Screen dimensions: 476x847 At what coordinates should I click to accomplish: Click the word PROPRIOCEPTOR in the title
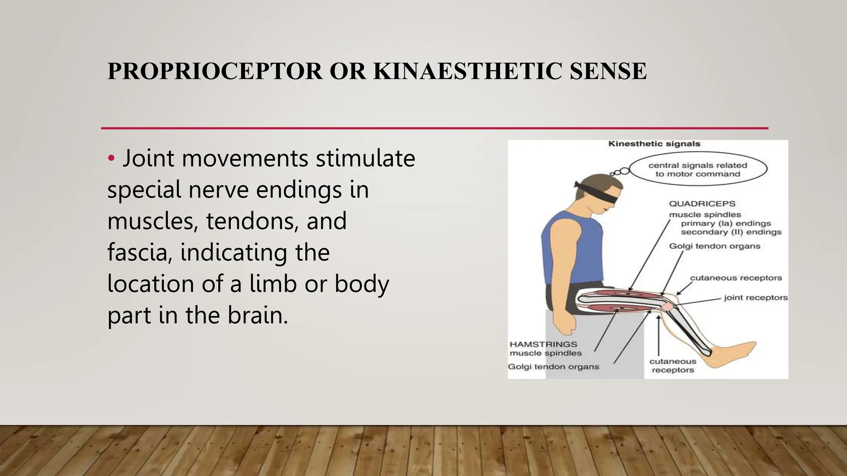[x=215, y=71]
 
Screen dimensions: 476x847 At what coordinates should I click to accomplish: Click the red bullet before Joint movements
[x=110, y=158]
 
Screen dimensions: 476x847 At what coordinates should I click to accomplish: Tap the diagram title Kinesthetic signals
[x=654, y=144]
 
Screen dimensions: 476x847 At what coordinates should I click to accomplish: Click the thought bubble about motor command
[x=698, y=169]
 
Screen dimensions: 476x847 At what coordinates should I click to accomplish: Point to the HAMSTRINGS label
[x=543, y=344]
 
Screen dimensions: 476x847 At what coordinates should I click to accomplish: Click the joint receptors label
[x=756, y=297]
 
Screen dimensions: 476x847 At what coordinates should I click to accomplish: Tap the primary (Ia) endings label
[x=726, y=224]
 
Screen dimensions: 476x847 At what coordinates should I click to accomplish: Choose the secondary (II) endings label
[x=731, y=232]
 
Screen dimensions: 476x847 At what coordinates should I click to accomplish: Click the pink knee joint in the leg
[x=668, y=307]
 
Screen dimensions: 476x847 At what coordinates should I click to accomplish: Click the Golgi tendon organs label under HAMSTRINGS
[x=553, y=367]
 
